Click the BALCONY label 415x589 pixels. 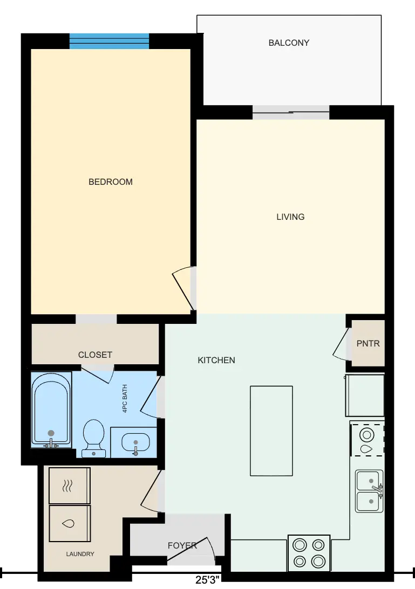pyautogui.click(x=289, y=43)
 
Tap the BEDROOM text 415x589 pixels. pyautogui.click(x=111, y=182)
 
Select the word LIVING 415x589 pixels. pyautogui.click(x=290, y=217)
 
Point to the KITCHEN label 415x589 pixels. pyautogui.click(x=216, y=360)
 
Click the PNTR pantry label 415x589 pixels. pyautogui.click(x=368, y=343)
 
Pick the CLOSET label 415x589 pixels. pyautogui.click(x=95, y=355)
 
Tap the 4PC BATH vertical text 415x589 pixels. pyautogui.click(x=125, y=399)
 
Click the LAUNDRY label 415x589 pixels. pyautogui.click(x=80, y=553)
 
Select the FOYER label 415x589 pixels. pyautogui.click(x=182, y=545)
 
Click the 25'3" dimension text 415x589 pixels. pyautogui.click(x=207, y=580)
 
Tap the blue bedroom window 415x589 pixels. pyautogui.click(x=109, y=41)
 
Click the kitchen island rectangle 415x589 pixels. pyautogui.click(x=271, y=431)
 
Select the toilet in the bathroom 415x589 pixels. pyautogui.click(x=93, y=438)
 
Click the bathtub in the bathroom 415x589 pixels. pyautogui.click(x=51, y=410)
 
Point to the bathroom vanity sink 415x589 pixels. pyautogui.click(x=135, y=442)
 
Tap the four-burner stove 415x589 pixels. pyautogui.click(x=309, y=553)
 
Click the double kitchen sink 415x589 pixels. pyautogui.click(x=370, y=491)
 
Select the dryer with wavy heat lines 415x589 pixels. pyautogui.click(x=70, y=486)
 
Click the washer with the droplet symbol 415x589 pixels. pyautogui.click(x=70, y=523)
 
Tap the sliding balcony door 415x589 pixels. pyautogui.click(x=291, y=112)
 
